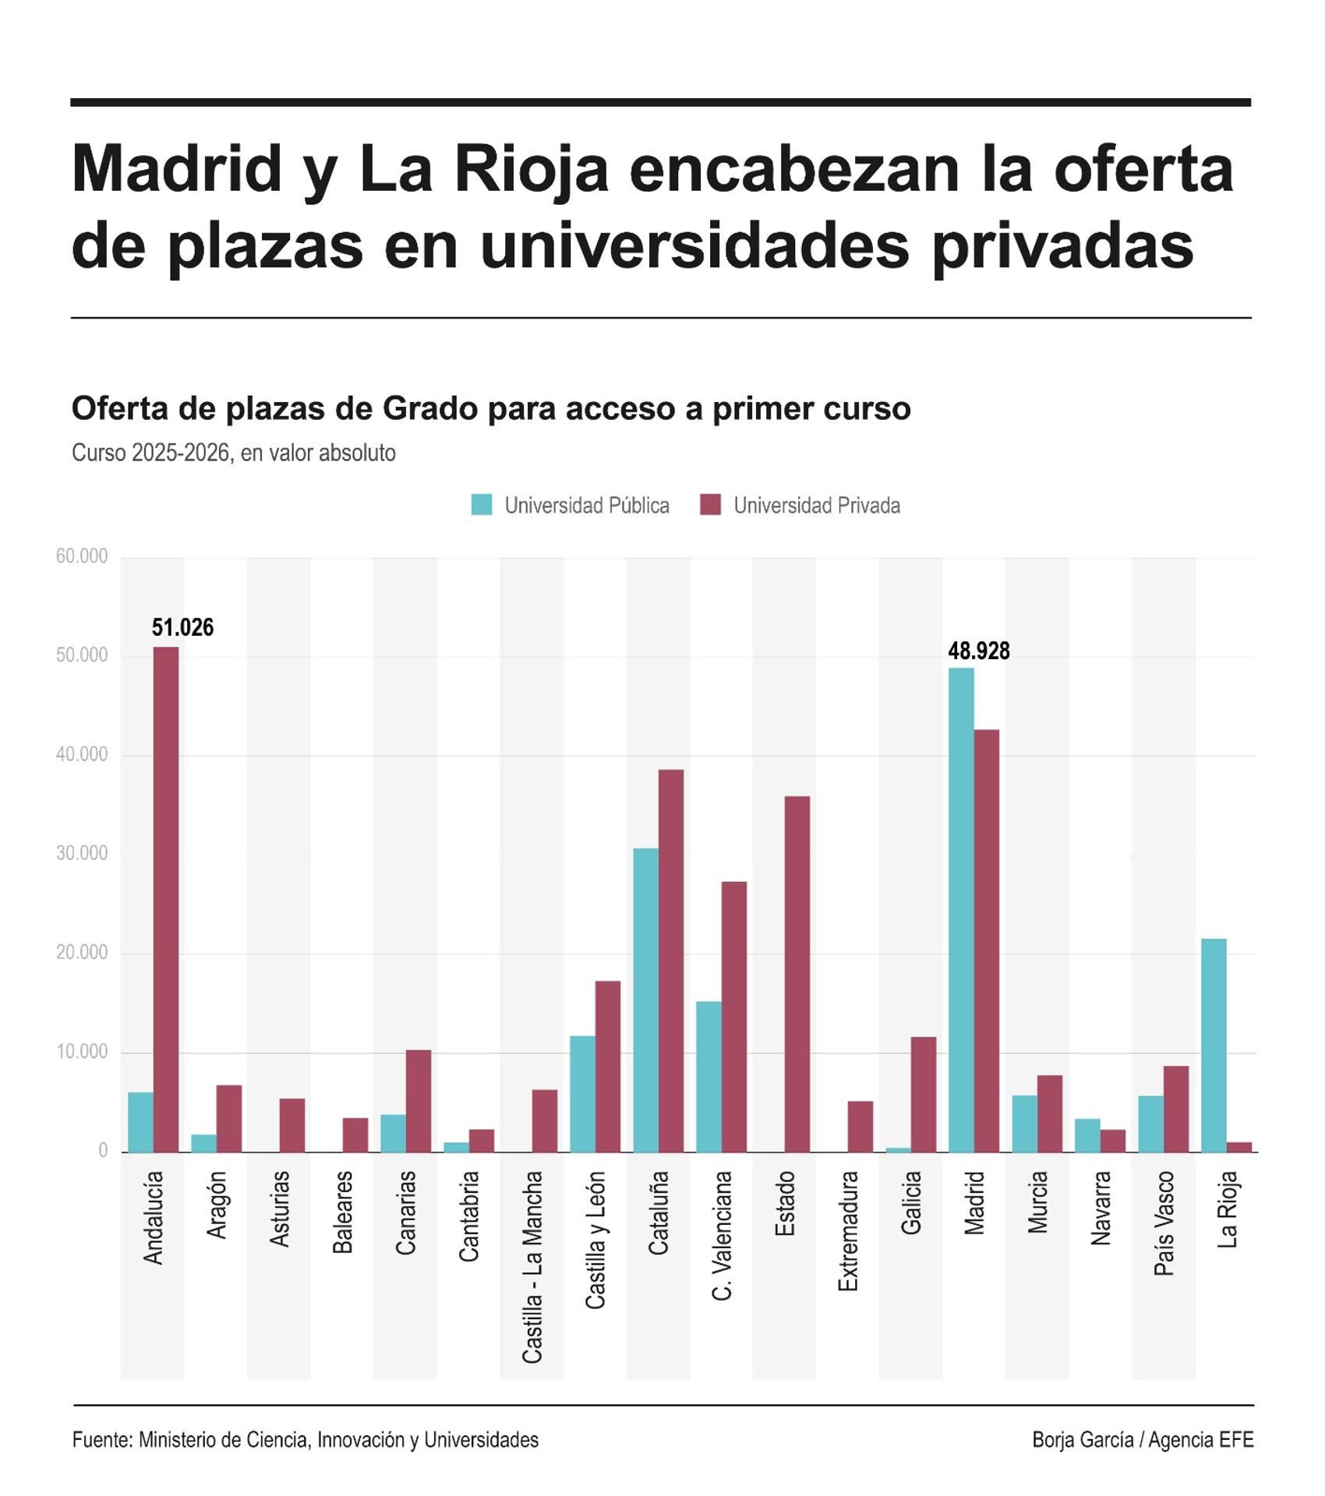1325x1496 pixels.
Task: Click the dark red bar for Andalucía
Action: coord(166,899)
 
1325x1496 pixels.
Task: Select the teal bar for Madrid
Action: coord(961,909)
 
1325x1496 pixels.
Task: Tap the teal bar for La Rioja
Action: coord(1214,1045)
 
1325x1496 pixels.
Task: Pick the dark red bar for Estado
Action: coord(797,974)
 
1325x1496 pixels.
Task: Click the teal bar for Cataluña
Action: coord(645,1000)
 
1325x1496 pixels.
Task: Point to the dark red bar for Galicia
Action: coord(924,1094)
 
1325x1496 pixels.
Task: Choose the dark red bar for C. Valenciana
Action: coord(734,1017)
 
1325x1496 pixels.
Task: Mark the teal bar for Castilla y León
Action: coord(582,1093)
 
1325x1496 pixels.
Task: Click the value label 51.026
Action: coord(182,628)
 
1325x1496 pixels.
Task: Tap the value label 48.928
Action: coord(978,651)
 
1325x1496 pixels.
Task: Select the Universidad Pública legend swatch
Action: coord(482,505)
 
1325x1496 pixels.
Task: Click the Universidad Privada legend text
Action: coord(817,506)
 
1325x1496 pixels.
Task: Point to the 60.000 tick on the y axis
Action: coord(82,556)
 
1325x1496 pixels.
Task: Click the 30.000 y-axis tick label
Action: coord(82,854)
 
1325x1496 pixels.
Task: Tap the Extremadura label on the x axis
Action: coord(848,1231)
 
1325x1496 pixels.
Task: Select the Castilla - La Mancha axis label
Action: coord(532,1267)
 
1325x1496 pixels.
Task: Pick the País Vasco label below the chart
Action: coord(1164,1223)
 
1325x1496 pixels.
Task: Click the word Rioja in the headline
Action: coord(531,169)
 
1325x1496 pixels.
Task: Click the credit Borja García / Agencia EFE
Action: coord(1143,1440)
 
